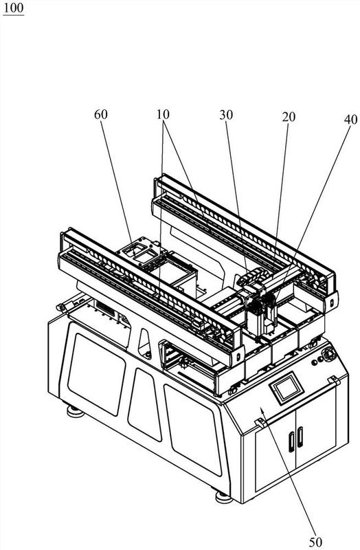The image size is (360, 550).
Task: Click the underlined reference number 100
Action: [x=13, y=8]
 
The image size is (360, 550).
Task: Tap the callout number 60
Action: [x=101, y=115]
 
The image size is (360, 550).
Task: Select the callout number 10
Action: [x=163, y=114]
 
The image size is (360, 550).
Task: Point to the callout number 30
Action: [x=226, y=115]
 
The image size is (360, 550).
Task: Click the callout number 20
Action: [x=289, y=117]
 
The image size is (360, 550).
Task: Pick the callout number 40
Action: [x=350, y=120]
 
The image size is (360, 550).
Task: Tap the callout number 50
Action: [x=315, y=542]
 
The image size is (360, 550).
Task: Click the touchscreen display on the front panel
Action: [x=286, y=389]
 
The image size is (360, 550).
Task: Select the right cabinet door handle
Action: [x=300, y=437]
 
